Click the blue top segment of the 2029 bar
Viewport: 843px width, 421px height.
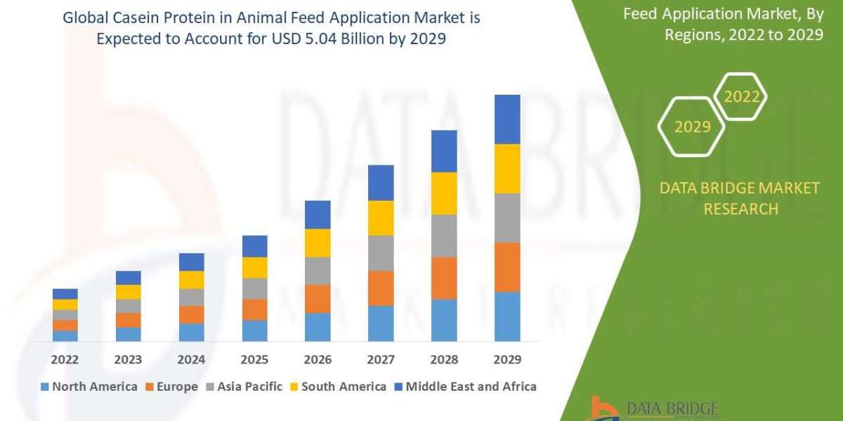[507, 119]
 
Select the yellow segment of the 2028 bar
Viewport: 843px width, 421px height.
[444, 193]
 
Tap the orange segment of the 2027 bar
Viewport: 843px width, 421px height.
[381, 288]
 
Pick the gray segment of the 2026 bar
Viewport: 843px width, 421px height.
[318, 271]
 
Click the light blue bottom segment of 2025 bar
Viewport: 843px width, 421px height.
[254, 330]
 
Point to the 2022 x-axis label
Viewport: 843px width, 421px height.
[65, 359]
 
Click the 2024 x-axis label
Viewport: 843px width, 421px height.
[191, 359]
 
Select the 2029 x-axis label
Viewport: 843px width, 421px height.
[507, 359]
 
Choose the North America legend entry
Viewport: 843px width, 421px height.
[89, 387]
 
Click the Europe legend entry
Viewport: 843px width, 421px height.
[172, 387]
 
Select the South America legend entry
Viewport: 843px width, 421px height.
[338, 387]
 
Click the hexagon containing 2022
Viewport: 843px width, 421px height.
[742, 97]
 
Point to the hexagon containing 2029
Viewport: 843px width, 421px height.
[691, 127]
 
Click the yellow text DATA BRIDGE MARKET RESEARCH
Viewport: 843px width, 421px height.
[740, 199]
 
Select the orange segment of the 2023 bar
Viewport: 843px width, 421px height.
[128, 320]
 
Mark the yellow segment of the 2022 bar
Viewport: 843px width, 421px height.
[65, 305]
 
